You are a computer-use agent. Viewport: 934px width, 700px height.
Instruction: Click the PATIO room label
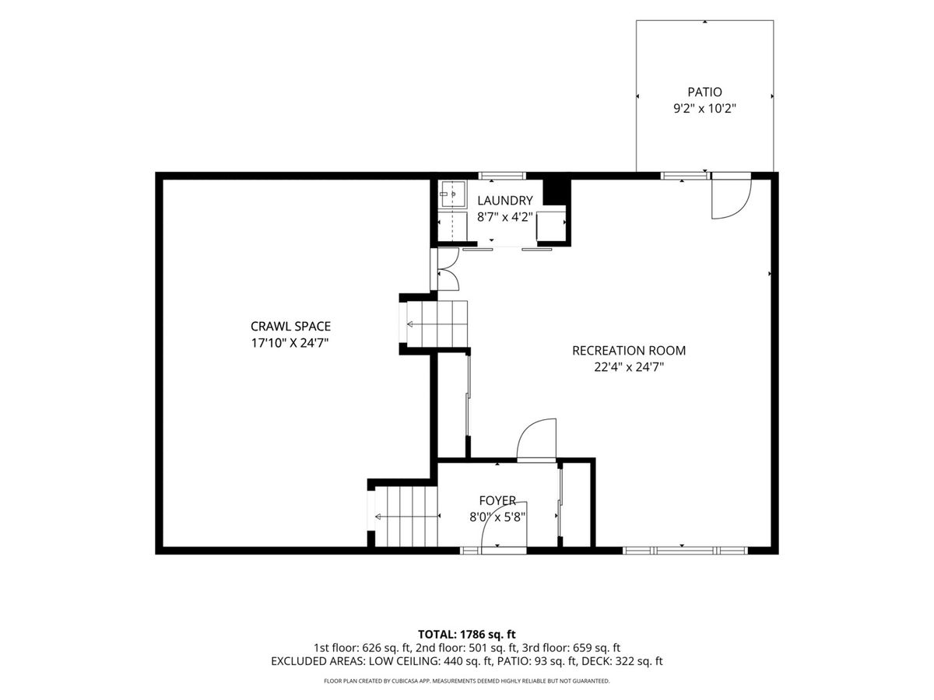click(x=704, y=92)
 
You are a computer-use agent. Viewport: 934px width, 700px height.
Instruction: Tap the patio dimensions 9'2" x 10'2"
click(x=704, y=109)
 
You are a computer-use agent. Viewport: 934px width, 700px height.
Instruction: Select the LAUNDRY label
click(x=504, y=200)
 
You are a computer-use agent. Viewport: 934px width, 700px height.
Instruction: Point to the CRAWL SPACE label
click(x=290, y=326)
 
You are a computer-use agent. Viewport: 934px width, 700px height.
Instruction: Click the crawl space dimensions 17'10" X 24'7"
click(x=290, y=343)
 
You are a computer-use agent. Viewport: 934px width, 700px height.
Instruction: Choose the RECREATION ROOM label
click(x=628, y=351)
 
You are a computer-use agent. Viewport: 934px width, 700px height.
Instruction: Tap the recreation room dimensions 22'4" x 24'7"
click(x=629, y=367)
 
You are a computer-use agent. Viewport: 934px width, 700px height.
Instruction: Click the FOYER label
click(x=497, y=500)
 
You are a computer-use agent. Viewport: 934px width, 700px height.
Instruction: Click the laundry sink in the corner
click(x=452, y=194)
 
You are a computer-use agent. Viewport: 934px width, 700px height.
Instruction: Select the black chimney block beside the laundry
click(x=557, y=191)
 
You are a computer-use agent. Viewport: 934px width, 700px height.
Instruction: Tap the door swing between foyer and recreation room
click(x=536, y=440)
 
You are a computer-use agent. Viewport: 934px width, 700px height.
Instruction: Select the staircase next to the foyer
click(x=406, y=516)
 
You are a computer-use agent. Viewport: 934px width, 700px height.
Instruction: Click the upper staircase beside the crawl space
click(x=437, y=324)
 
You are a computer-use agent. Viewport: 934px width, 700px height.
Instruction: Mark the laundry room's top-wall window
click(x=502, y=176)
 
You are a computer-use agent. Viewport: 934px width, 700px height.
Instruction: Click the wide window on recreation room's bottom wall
click(x=685, y=551)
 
